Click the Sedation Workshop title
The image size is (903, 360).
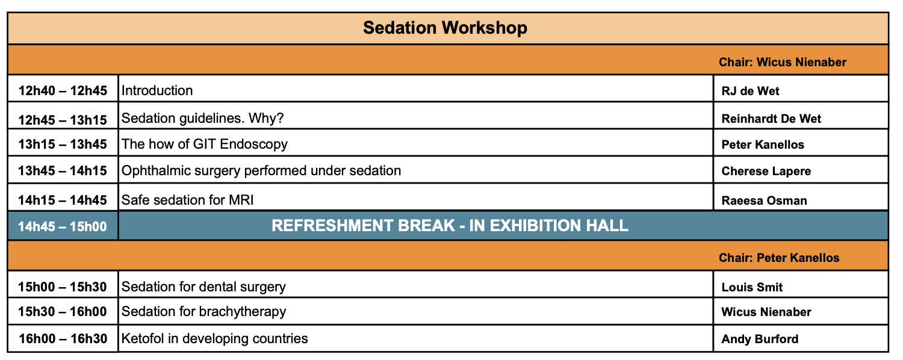[445, 28]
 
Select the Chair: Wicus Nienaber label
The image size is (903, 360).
[783, 62]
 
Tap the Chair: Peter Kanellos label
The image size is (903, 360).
[779, 258]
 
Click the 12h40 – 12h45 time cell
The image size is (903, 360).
[63, 90]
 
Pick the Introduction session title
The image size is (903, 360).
[157, 90]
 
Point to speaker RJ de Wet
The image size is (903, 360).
[750, 91]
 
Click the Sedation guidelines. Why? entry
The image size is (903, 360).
[202, 118]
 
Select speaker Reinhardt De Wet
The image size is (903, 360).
[771, 119]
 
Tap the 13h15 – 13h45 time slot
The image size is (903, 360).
[63, 144]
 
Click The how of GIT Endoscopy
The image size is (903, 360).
[205, 144]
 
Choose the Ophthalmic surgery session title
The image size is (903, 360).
[261, 170]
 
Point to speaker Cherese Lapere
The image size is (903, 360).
[766, 171]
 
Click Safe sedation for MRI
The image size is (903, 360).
[187, 200]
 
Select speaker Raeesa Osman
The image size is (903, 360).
[764, 200]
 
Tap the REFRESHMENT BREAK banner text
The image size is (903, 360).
[450, 225]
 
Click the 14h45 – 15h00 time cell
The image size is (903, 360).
[63, 226]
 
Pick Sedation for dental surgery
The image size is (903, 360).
[203, 287]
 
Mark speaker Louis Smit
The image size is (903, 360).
[752, 287]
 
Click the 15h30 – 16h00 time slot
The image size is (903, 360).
[63, 312]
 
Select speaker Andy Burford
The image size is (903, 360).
[760, 339]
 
